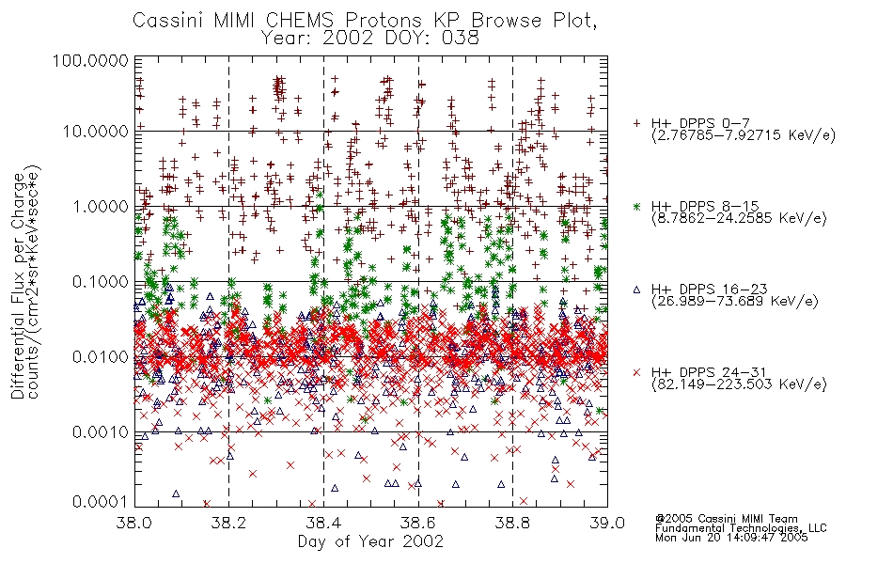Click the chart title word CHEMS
click(302, 21)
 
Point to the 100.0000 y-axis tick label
click(90, 60)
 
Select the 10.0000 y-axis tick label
click(96, 132)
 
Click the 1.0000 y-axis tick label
click(101, 206)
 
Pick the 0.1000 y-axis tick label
click(101, 281)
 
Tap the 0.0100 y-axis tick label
click(101, 357)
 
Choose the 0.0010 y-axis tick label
click(101, 432)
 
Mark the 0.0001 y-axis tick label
click(101, 502)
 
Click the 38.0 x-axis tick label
click(133, 523)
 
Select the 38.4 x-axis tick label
click(323, 523)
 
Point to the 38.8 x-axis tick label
click(512, 523)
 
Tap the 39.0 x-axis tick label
click(607, 523)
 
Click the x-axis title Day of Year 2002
click(370, 541)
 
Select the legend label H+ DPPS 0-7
click(700, 123)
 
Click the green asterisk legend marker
click(636, 206)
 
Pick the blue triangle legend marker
click(636, 290)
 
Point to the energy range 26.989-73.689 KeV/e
click(735, 302)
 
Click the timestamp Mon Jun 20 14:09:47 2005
click(731, 538)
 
